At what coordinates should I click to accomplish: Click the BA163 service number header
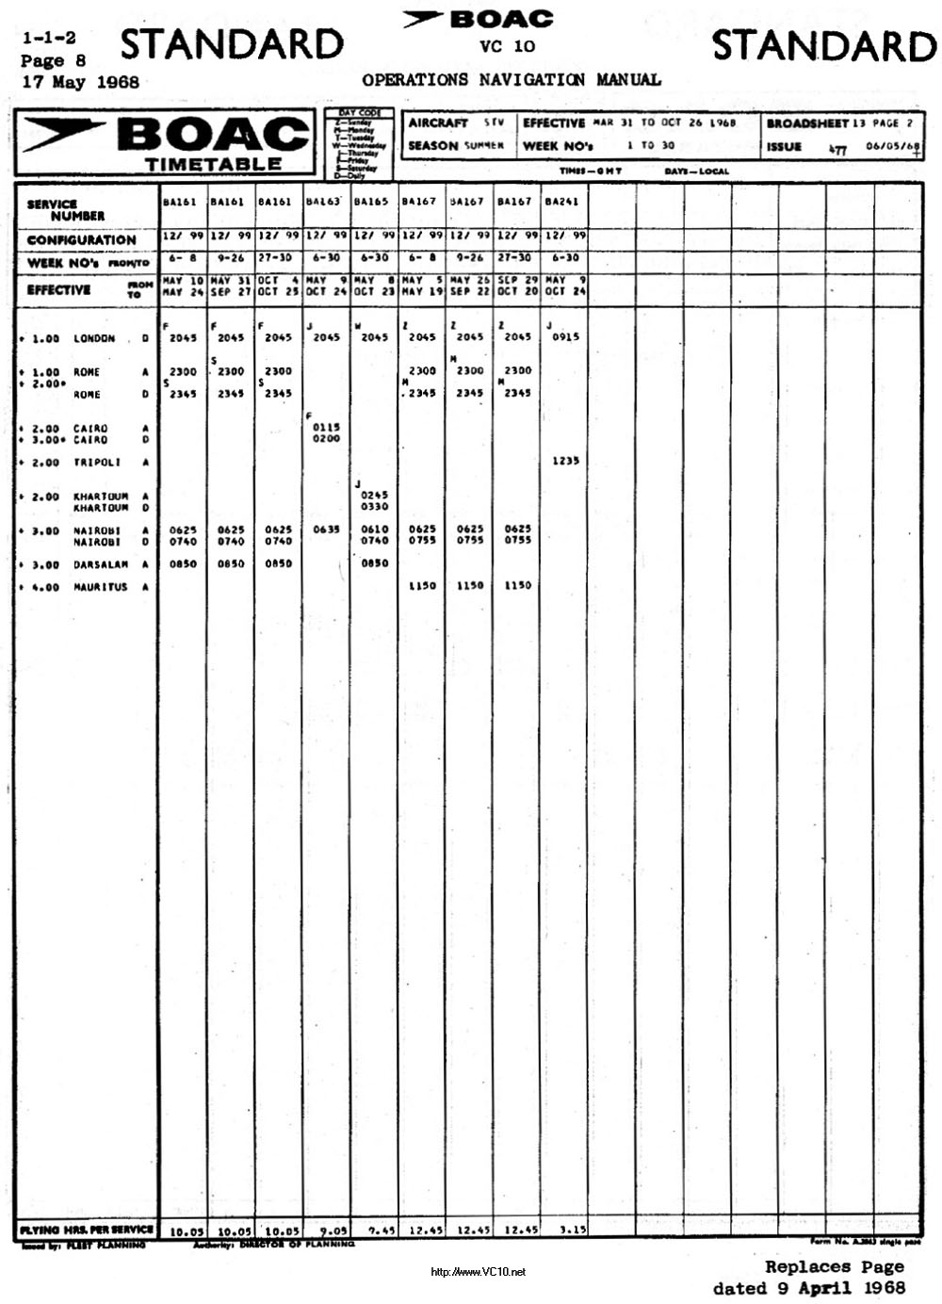322,202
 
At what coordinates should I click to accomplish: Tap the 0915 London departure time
565,336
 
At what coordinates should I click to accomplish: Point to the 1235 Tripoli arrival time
565,461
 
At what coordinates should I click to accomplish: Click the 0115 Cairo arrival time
326,427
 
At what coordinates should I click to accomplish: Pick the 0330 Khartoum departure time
374,507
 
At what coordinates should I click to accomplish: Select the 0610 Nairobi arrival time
374,530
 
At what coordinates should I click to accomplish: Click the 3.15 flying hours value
572,1230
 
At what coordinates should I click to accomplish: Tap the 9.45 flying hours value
381,1230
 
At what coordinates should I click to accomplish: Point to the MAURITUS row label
100,587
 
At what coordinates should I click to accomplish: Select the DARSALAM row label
100,564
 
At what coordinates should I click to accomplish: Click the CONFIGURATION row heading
81,240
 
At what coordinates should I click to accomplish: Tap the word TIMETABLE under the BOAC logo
213,164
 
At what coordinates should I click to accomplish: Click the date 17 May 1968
80,82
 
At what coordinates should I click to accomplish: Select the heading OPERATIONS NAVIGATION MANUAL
511,80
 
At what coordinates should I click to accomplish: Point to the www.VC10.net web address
479,1272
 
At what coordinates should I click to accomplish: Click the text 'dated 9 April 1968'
808,1288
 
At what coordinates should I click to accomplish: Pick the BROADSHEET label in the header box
806,123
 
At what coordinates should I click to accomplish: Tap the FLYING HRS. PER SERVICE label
86,1230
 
